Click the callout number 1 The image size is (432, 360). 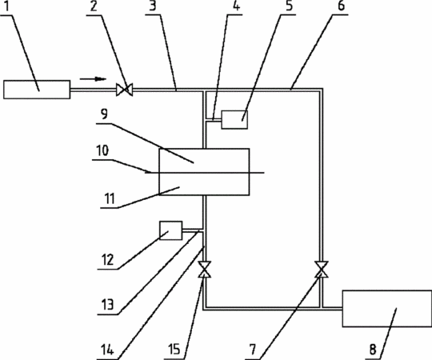(7, 6)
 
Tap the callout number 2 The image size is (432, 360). (94, 6)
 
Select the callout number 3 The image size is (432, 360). (153, 6)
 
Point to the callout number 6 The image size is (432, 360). (341, 6)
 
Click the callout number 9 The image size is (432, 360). (104, 114)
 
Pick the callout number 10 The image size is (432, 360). (102, 151)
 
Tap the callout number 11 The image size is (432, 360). (110, 198)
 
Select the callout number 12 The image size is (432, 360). (107, 259)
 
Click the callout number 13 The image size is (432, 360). (107, 305)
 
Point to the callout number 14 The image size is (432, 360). (107, 350)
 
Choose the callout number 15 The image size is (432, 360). (174, 350)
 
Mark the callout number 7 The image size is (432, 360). (252, 350)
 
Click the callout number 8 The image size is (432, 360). (373, 350)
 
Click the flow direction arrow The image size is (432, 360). (93, 79)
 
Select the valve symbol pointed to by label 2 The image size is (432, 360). (124, 90)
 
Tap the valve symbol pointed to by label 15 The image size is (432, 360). (205, 269)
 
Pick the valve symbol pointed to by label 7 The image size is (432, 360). (322, 269)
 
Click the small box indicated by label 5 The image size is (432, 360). (234, 119)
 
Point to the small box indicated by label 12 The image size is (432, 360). (171, 230)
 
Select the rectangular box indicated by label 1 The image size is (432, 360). (37, 90)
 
